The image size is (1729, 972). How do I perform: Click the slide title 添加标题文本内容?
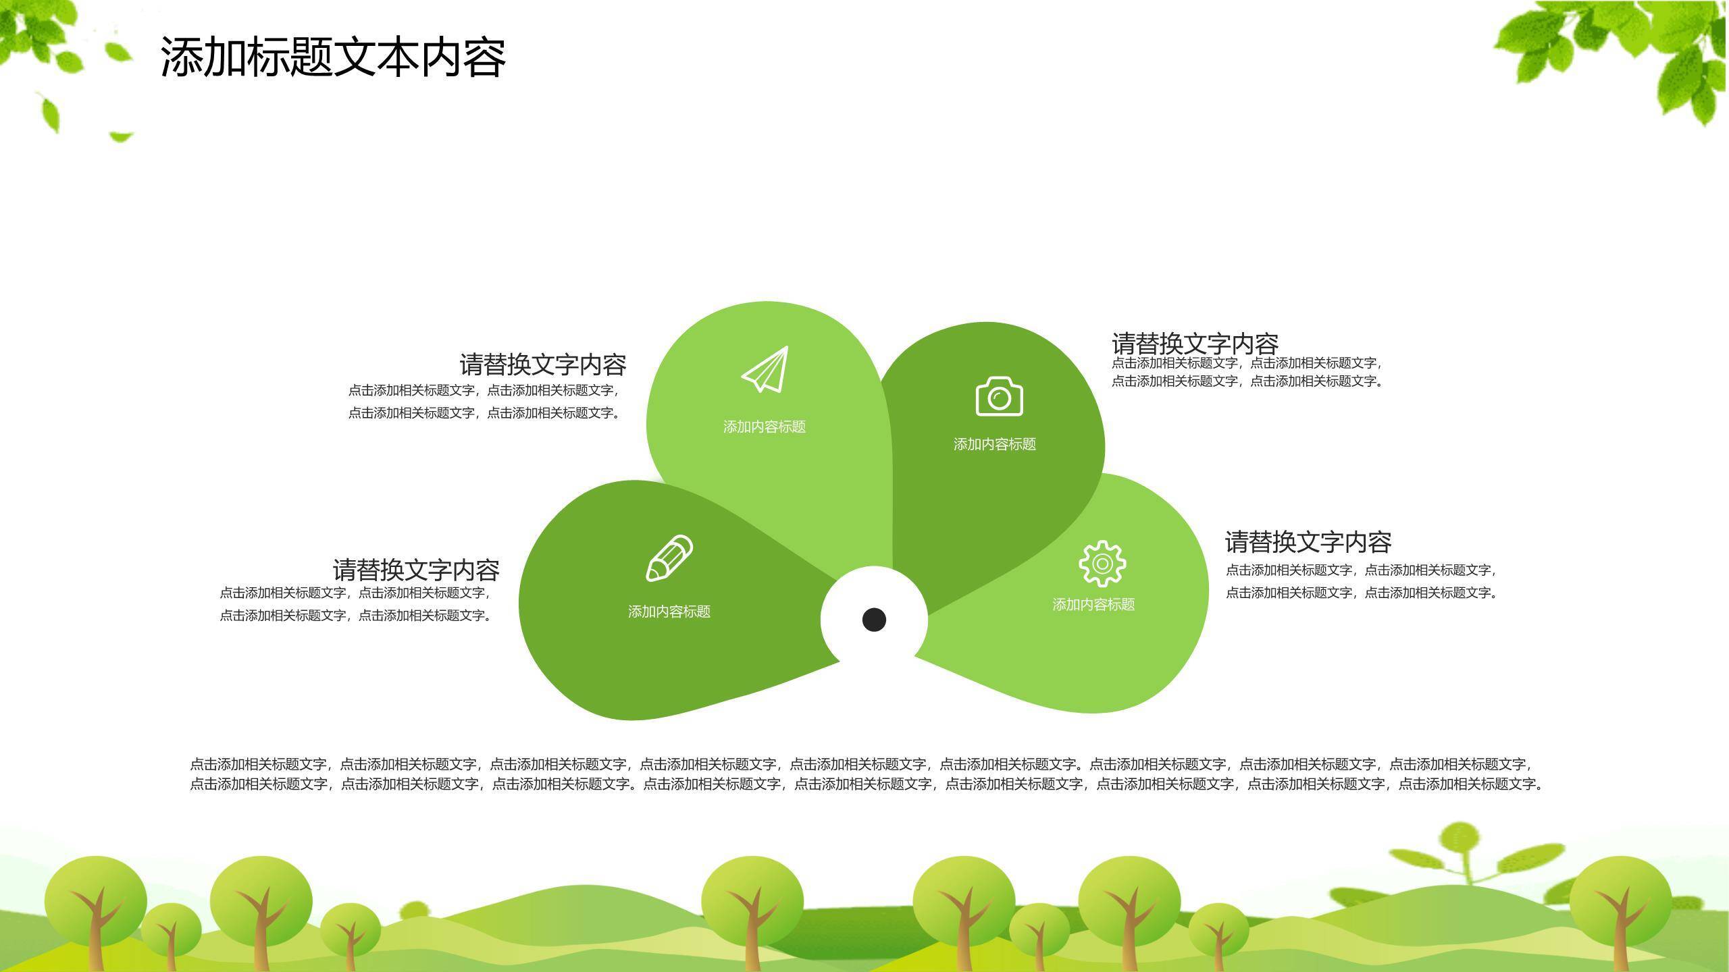tap(333, 57)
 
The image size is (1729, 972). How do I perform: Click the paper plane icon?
tap(765, 369)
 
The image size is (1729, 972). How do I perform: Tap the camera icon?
tap(1000, 396)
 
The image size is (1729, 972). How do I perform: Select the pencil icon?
tap(669, 558)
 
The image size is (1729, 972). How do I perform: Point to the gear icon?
tap(1102, 563)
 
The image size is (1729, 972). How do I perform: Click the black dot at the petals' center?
tap(874, 619)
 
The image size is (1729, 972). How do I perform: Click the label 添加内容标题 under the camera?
tap(995, 444)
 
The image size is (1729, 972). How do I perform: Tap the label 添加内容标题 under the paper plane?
tap(765, 427)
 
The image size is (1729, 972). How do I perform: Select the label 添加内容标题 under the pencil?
tap(669, 612)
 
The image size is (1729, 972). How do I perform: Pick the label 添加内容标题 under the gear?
tap(1093, 605)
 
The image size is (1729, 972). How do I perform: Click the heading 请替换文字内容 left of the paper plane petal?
tap(543, 364)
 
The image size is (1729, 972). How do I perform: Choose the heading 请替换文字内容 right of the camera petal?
tap(1195, 344)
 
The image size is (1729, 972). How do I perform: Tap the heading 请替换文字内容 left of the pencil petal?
tap(416, 570)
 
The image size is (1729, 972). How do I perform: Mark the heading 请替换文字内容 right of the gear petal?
tap(1308, 541)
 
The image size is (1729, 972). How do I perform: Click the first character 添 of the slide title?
tap(182, 57)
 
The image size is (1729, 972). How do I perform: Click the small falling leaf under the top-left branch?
tap(51, 113)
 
